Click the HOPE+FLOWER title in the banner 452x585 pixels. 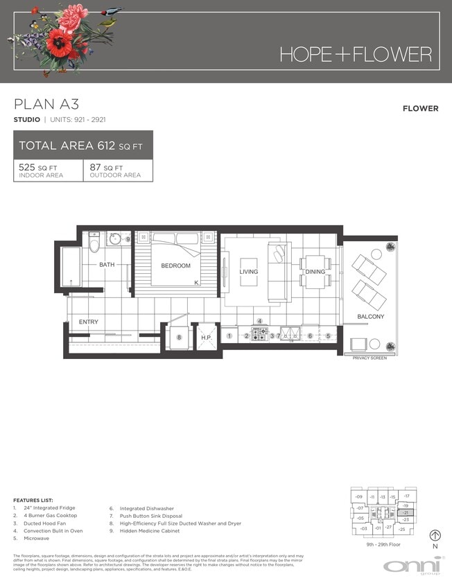(x=355, y=54)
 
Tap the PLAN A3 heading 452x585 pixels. (x=46, y=105)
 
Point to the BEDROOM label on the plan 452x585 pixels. (x=175, y=265)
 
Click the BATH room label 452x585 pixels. (x=106, y=265)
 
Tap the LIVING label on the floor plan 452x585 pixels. (x=248, y=272)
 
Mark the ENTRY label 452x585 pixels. (x=88, y=322)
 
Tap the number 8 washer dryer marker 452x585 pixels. (x=179, y=338)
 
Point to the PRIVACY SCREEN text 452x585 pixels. (x=370, y=358)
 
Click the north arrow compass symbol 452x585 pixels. (x=435, y=535)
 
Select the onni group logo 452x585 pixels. (x=414, y=564)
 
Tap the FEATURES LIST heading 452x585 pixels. (x=33, y=500)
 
